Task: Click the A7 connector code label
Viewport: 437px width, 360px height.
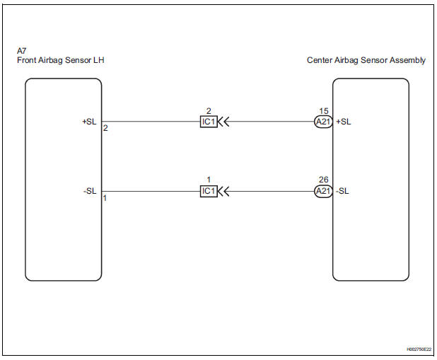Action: pos(21,52)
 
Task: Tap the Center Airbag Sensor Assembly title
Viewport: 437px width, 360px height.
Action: pos(366,61)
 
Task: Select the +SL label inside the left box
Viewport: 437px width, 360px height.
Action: pos(89,121)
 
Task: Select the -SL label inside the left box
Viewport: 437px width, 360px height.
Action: pos(90,191)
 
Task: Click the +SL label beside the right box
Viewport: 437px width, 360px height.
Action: pos(344,121)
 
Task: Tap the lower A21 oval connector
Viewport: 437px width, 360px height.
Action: pos(323,191)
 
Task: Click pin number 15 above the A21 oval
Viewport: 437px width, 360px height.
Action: pos(323,110)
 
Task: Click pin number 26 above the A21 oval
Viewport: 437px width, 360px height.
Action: pos(323,180)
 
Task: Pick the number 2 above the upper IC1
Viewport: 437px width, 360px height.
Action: pos(208,110)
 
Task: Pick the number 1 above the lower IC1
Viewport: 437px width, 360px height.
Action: pos(208,180)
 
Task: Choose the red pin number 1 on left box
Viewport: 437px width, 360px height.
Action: pos(105,199)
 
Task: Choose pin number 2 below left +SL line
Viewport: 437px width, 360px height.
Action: pos(105,129)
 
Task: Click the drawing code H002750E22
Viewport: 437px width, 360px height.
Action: pos(418,349)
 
